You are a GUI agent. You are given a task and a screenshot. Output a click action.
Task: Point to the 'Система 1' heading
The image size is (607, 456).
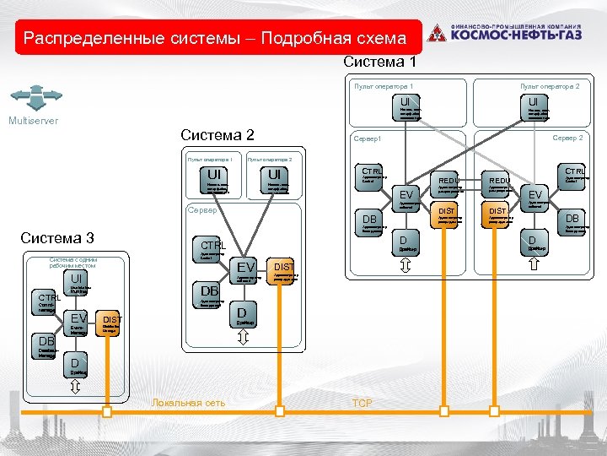[379, 62]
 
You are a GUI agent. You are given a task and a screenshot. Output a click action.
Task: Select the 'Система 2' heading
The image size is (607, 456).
[218, 135]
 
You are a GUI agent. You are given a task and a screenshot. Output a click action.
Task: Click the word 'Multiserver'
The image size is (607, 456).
[33, 121]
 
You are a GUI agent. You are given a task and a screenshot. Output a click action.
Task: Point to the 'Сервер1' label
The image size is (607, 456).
[368, 138]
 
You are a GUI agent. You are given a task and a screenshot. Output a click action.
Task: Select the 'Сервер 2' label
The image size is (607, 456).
[567, 138]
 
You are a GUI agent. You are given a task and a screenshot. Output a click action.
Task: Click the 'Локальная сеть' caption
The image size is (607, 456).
[188, 403]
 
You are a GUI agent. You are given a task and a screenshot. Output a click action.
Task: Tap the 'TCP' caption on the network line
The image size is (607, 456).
[361, 403]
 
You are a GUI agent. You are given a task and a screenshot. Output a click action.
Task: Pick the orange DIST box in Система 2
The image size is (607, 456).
[281, 270]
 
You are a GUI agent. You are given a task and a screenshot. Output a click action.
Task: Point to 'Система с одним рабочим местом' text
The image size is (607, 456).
[73, 263]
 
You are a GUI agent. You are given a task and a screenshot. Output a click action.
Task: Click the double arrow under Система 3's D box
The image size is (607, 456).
[75, 386]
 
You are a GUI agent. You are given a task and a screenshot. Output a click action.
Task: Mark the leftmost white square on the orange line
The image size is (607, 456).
[107, 411]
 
